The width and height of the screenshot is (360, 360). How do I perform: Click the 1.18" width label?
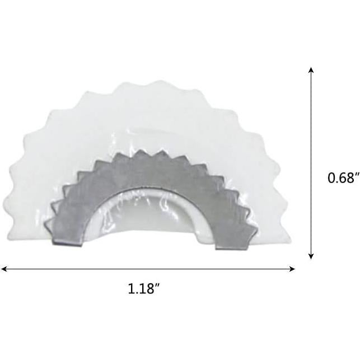pyautogui.click(x=144, y=289)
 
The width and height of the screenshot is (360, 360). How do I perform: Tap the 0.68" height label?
pyautogui.click(x=343, y=178)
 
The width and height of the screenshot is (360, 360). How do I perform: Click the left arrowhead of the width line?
pyautogui.click(x=3, y=269)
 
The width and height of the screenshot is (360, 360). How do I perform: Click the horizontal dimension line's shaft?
pyautogui.click(x=148, y=269)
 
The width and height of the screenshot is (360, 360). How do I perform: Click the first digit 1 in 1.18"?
pyautogui.click(x=131, y=289)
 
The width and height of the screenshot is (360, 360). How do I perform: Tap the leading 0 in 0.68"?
pyautogui.click(x=331, y=178)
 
